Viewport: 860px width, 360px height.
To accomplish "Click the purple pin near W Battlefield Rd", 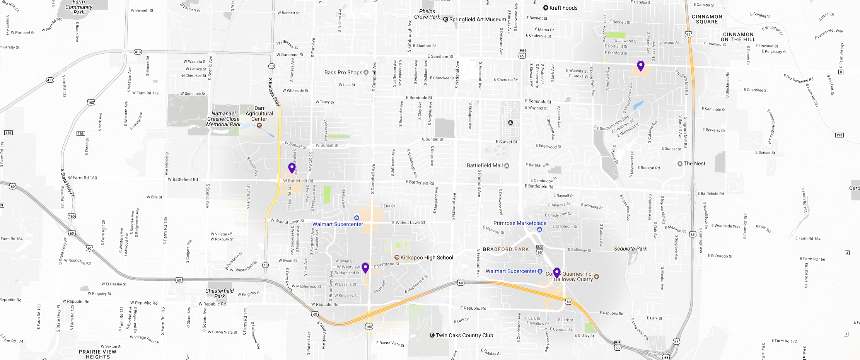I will [x=292, y=168].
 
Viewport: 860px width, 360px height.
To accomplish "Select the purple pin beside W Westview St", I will [x=365, y=268].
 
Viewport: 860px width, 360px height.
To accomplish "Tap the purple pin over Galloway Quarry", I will [x=557, y=273].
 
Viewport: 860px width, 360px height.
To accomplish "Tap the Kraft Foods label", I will [x=563, y=8].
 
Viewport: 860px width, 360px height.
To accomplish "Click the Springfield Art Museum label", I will [x=477, y=19].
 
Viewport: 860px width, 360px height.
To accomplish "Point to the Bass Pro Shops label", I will [x=343, y=72].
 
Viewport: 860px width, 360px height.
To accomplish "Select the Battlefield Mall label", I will [x=485, y=165].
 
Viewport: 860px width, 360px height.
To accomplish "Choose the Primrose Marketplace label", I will [x=520, y=223].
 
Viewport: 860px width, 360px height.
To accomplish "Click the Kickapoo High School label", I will [x=427, y=258].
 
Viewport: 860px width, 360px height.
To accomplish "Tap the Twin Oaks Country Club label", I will [x=464, y=335].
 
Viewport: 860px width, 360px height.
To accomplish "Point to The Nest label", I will [x=694, y=164].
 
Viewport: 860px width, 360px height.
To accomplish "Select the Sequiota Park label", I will [x=630, y=249].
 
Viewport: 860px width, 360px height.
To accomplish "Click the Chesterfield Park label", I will [x=220, y=293].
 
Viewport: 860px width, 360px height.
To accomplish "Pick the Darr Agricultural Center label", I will [x=259, y=114].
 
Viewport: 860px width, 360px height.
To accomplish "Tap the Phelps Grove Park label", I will [x=427, y=14].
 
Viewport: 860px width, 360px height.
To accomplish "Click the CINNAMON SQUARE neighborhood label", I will [x=707, y=19].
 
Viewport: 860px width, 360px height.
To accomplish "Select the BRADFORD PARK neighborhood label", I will [x=506, y=249].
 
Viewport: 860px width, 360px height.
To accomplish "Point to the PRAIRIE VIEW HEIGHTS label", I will [x=97, y=354].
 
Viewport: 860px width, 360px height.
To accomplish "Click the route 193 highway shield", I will [x=839, y=135].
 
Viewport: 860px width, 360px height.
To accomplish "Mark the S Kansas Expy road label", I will [x=274, y=91].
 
